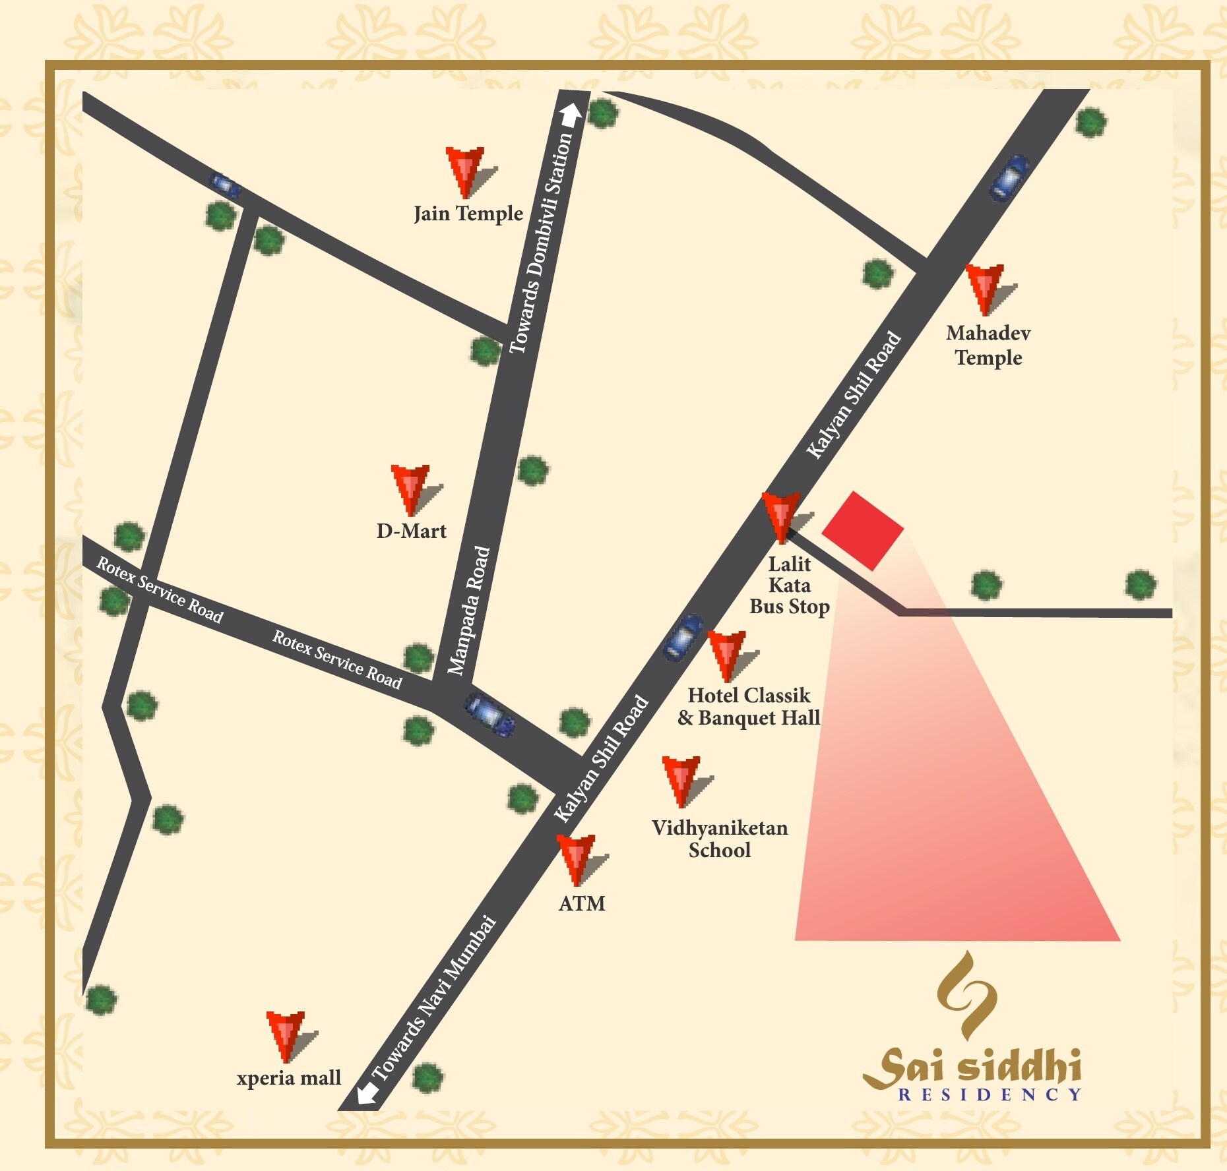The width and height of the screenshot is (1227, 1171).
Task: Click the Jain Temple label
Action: pyautogui.click(x=468, y=214)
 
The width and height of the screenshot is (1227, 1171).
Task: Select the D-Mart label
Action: pyautogui.click(x=411, y=531)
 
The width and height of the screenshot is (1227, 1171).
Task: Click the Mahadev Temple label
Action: pyautogui.click(x=988, y=345)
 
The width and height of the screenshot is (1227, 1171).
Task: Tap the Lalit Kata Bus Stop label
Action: pyautogui.click(x=790, y=585)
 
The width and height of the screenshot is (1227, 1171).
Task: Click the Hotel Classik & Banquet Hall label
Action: pyautogui.click(x=749, y=707)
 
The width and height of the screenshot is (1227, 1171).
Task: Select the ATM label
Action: pyautogui.click(x=582, y=903)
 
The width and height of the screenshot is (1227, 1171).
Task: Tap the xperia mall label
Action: pyautogui.click(x=289, y=1077)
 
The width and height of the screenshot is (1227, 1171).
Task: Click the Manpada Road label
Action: pyautogui.click(x=469, y=611)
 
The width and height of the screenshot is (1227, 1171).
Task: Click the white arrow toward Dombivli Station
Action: pyautogui.click(x=571, y=114)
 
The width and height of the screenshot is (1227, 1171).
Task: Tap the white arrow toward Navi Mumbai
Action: pyautogui.click(x=367, y=1093)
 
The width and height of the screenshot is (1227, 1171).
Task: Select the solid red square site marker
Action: pyautogui.click(x=862, y=530)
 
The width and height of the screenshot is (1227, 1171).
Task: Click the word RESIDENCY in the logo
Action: pyautogui.click(x=990, y=1095)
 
